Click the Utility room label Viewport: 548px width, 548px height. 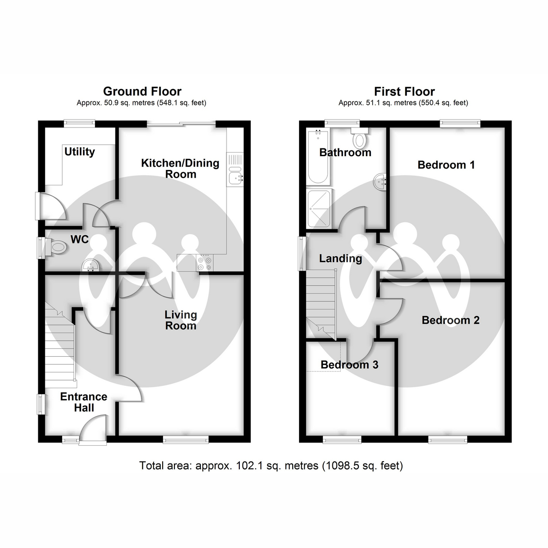click(x=79, y=152)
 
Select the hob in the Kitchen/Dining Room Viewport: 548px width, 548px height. click(x=205, y=263)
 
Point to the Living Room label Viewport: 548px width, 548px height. click(x=180, y=320)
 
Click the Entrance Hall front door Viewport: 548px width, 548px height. click(x=93, y=429)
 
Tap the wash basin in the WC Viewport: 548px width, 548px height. click(x=91, y=265)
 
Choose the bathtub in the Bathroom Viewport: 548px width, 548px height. click(x=318, y=156)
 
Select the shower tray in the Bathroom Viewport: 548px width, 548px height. click(x=319, y=209)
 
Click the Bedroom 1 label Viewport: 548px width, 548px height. click(x=446, y=165)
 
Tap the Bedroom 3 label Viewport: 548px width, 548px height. click(x=349, y=365)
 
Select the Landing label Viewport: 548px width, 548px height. click(x=340, y=258)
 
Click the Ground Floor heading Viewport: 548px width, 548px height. click(x=142, y=92)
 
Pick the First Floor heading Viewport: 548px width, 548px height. click(x=405, y=92)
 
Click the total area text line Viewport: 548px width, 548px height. click(x=271, y=466)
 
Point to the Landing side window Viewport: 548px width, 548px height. click(x=301, y=253)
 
